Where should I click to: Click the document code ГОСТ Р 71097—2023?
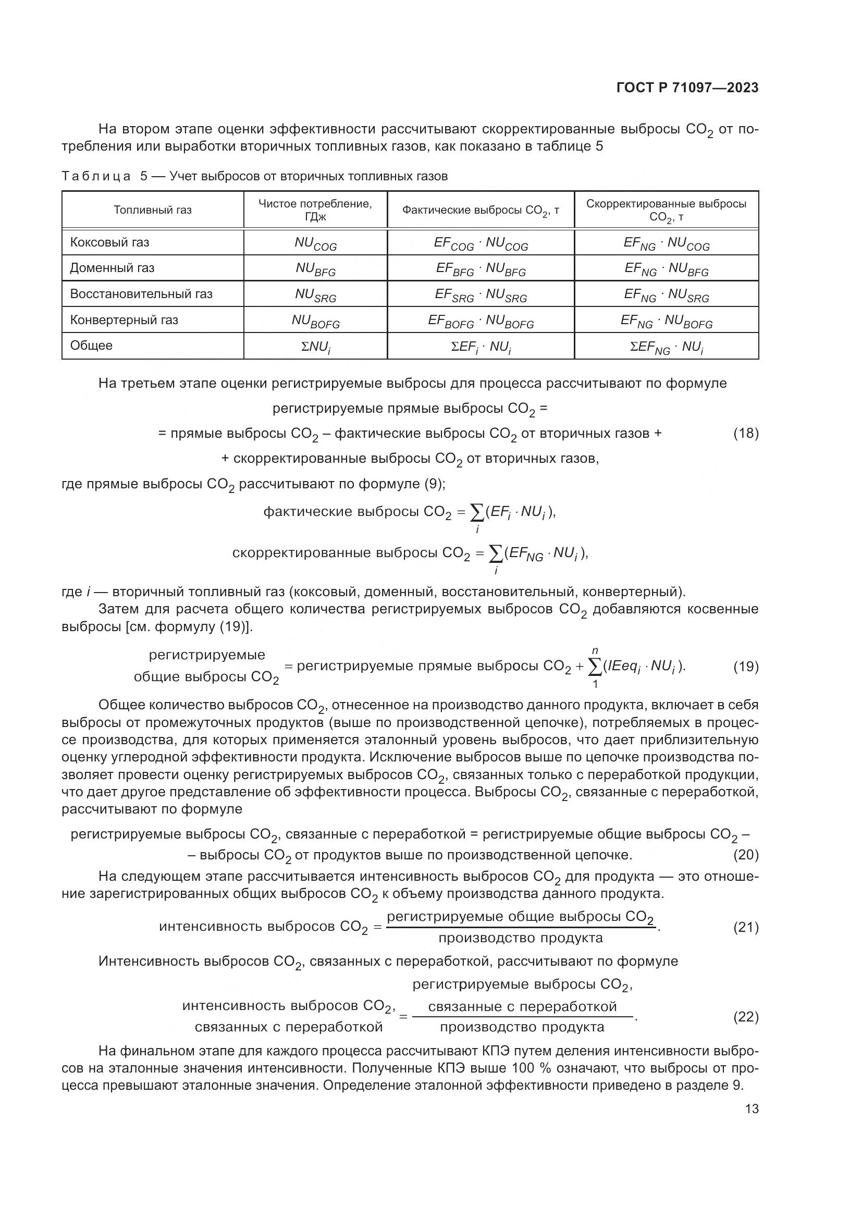(x=687, y=88)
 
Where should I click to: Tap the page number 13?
(x=752, y=1109)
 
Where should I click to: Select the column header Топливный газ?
(x=153, y=210)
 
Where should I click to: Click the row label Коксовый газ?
(x=110, y=243)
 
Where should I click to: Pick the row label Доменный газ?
(x=112, y=268)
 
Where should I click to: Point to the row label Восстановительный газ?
(x=141, y=294)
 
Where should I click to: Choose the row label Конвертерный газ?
(x=124, y=320)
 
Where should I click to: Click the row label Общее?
(x=91, y=346)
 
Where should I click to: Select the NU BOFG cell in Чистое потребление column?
(x=315, y=321)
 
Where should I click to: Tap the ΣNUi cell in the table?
(x=315, y=347)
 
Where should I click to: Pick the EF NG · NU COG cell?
(x=666, y=244)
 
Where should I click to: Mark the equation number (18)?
(x=746, y=433)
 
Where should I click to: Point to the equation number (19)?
(x=746, y=667)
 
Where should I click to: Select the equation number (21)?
(x=746, y=927)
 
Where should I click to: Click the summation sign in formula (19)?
(x=596, y=668)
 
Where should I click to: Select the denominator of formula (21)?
(x=520, y=938)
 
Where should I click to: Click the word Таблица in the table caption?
(x=96, y=176)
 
